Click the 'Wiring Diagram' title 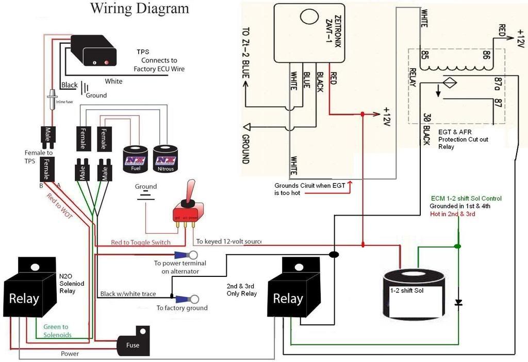tap(139, 9)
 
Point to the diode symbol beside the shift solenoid tap(458, 303)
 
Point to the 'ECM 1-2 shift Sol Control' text tap(466, 199)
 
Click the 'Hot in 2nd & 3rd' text tap(452, 213)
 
